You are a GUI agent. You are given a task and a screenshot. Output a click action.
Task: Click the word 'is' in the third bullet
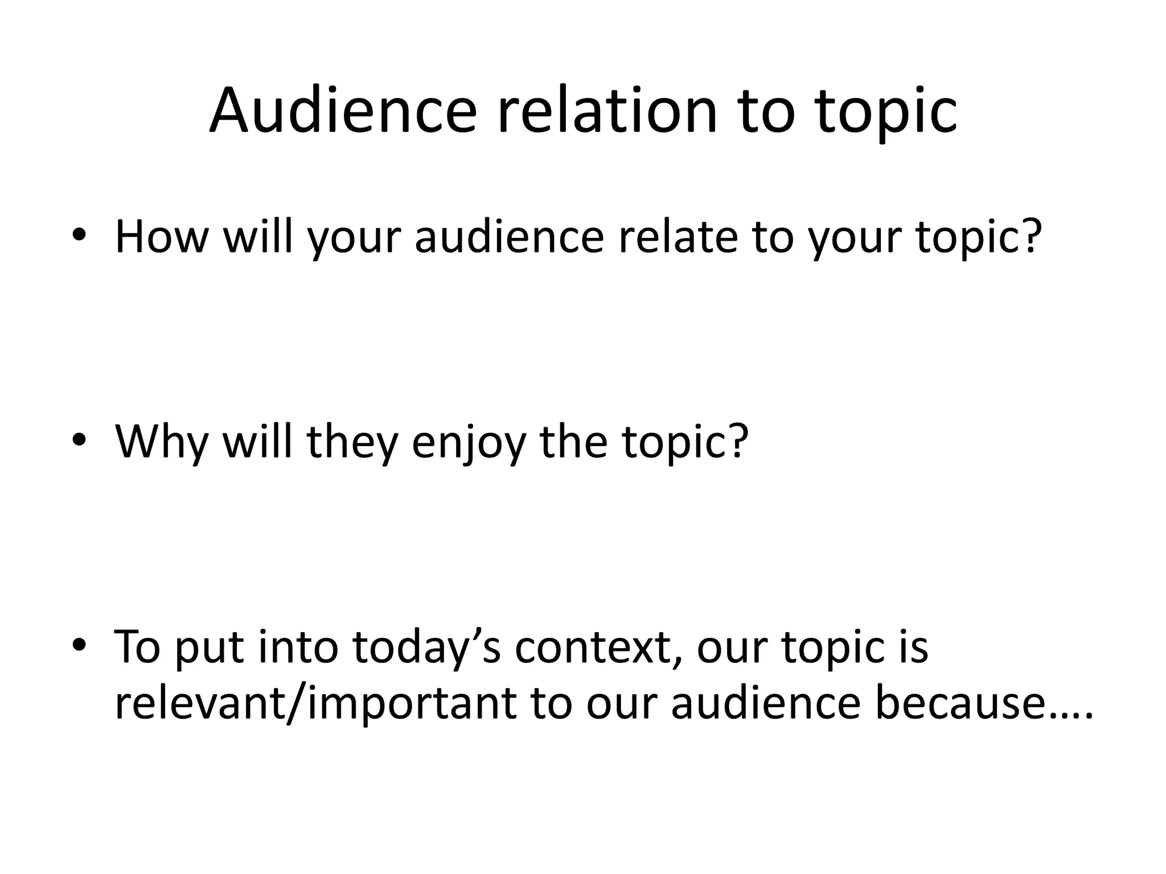click(x=914, y=648)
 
